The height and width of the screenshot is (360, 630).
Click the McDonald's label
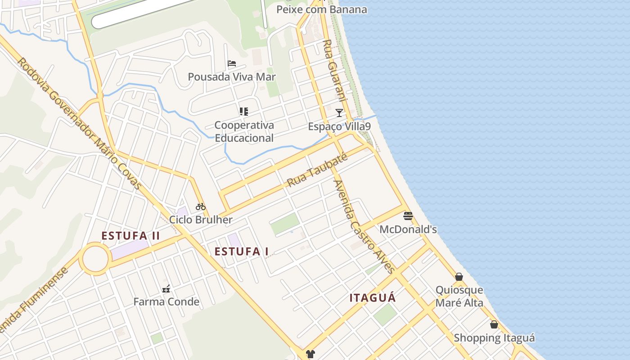coord(408,229)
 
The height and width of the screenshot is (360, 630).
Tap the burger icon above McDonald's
coord(408,216)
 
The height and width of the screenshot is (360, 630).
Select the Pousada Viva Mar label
coord(232,77)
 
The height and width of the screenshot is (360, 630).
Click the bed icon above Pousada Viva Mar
coord(232,63)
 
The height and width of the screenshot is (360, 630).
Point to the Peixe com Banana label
coord(322,9)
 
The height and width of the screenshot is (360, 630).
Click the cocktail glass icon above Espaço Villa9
coord(339,112)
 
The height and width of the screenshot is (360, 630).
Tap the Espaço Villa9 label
coord(339,126)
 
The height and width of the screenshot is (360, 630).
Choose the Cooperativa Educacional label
coord(244,131)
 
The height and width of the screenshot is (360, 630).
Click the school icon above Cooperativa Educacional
coord(244,112)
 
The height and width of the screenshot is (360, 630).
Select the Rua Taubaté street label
coord(317,170)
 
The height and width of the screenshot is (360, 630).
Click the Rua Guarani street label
coord(334,70)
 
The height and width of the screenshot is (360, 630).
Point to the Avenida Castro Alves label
coord(364,226)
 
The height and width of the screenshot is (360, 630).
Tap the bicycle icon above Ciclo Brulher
coord(201,207)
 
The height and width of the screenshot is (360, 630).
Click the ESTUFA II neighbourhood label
coord(130,236)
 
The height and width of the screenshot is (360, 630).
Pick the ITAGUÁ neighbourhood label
coord(373,298)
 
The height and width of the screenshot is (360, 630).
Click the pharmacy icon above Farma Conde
coord(166,289)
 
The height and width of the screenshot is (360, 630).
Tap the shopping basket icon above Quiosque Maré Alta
coord(459,277)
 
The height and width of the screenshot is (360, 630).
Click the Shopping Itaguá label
coord(494,338)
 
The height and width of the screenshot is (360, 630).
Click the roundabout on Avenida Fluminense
coord(95,259)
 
